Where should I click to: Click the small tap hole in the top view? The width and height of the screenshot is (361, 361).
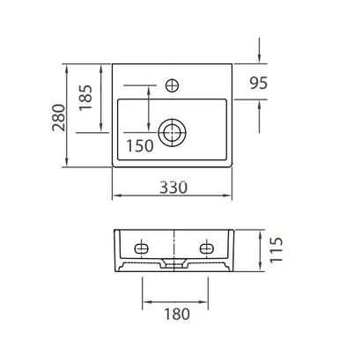point(173,85)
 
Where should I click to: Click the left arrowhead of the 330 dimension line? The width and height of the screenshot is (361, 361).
point(116,195)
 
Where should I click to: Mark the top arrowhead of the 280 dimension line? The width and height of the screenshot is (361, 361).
point(69,68)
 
